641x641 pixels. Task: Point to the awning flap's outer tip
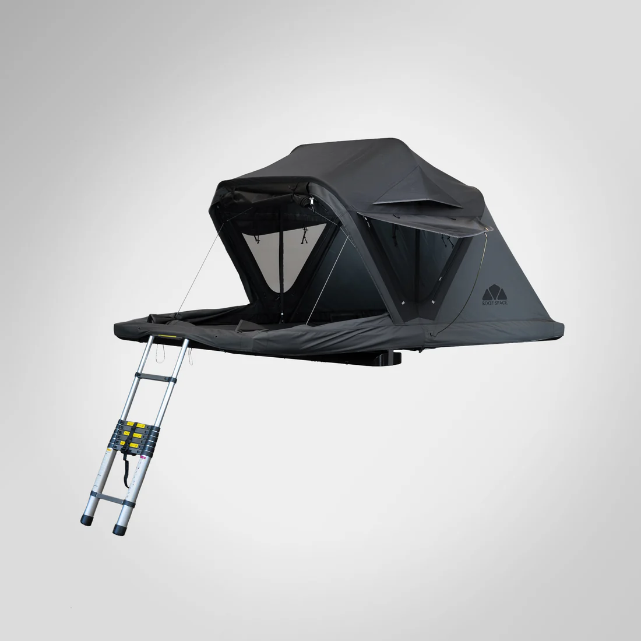pos(489,230)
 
